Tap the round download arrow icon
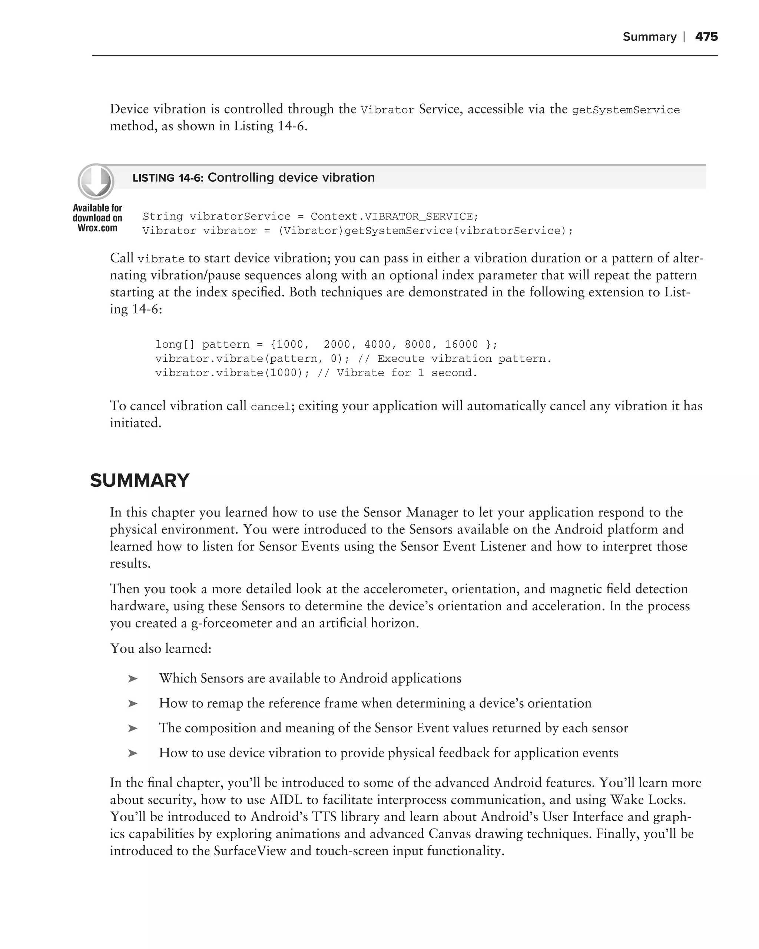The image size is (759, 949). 96,181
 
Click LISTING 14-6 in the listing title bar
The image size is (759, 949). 167,178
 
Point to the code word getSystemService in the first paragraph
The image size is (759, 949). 625,110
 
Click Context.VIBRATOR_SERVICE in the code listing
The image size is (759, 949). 391,216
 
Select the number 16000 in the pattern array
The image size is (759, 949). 461,344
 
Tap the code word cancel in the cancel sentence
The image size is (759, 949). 271,407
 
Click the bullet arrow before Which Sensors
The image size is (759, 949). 132,679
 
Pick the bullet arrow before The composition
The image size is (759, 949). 132,728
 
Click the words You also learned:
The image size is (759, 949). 160,648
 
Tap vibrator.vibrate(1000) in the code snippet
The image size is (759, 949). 232,373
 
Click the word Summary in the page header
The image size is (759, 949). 649,37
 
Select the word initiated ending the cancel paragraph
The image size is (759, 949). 135,423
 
